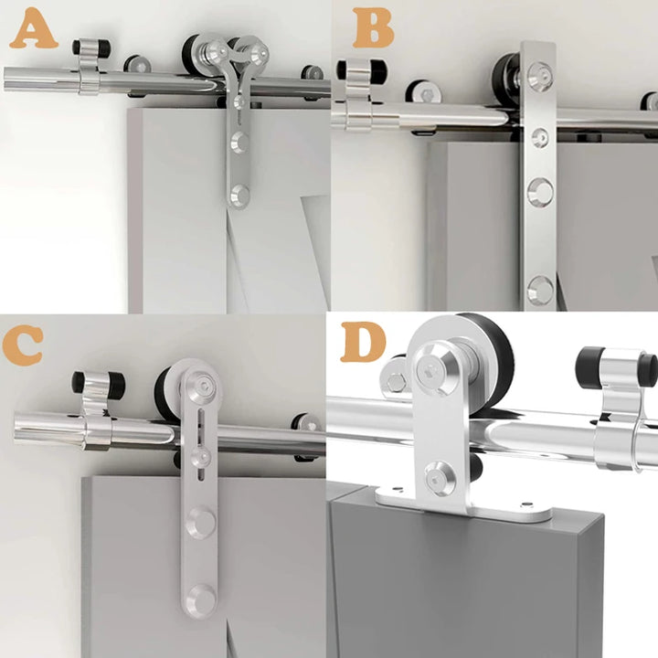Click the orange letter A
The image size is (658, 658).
(34, 28)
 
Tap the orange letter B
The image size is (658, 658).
(373, 27)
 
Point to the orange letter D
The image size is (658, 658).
(363, 342)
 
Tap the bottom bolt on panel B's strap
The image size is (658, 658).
(540, 290)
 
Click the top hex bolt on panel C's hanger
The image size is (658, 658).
(200, 387)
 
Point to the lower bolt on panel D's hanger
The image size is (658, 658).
(440, 478)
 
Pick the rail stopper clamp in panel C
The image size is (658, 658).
(99, 409)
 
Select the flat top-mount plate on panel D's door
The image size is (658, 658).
(463, 504)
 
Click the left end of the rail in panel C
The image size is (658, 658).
(16, 428)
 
